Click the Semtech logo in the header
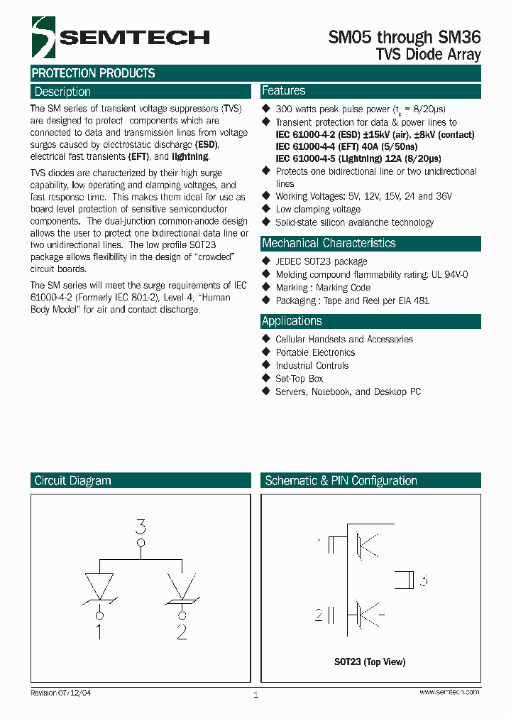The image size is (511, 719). (x=120, y=38)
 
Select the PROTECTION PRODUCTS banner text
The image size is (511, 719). (x=93, y=73)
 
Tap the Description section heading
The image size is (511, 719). (x=62, y=92)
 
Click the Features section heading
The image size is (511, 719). (x=283, y=91)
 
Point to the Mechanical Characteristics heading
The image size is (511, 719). (x=329, y=243)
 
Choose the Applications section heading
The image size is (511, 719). (x=292, y=321)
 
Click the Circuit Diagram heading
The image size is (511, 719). (x=72, y=481)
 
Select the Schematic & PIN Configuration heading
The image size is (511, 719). (x=341, y=481)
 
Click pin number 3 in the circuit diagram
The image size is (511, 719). (x=141, y=527)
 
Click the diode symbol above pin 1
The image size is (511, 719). (x=99, y=588)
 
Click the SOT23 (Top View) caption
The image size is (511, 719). (x=370, y=662)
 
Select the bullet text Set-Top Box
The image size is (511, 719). (x=300, y=379)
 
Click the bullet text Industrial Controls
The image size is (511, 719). (x=312, y=366)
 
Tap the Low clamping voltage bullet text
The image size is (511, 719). (x=318, y=210)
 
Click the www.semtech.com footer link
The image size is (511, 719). (x=449, y=692)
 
